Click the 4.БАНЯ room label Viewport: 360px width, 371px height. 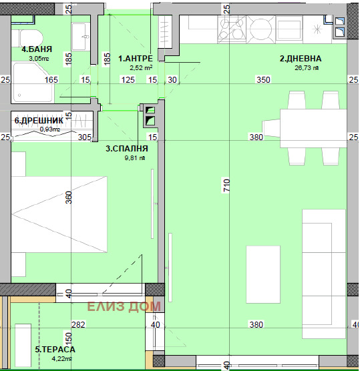(37, 49)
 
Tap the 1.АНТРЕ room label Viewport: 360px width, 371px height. (136, 59)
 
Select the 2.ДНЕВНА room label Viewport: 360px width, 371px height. (300, 59)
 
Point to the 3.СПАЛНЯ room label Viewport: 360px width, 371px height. (127, 149)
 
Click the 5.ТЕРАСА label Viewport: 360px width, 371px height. (55, 349)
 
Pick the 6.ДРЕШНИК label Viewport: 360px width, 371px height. (39, 121)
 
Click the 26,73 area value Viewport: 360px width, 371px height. (306, 67)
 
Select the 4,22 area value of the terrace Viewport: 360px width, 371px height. (59, 358)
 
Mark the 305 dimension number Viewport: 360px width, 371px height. (84, 137)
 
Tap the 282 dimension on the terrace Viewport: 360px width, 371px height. (77, 325)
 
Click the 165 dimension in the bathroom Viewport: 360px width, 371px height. (51, 80)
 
